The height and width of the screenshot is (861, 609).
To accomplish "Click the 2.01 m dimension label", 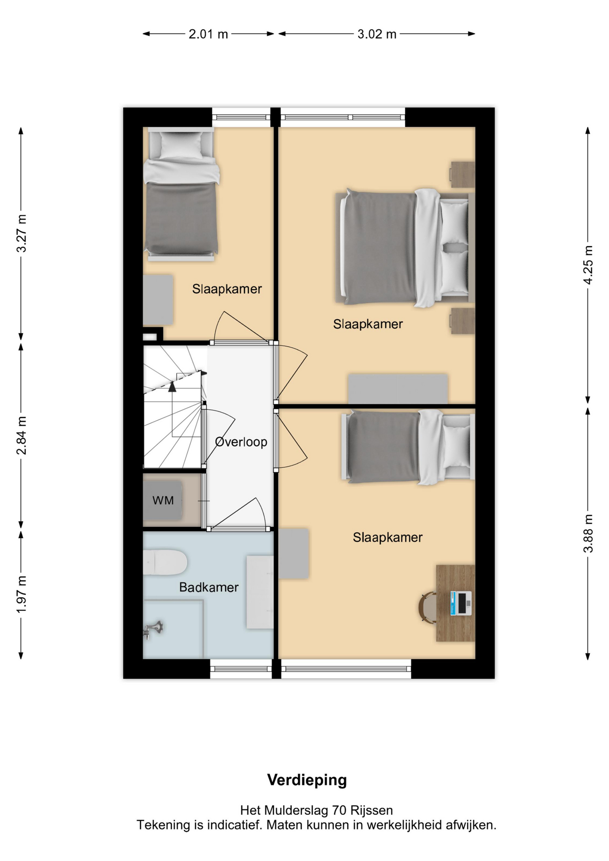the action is [208, 34].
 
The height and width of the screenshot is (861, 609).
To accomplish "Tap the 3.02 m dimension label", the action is [377, 34].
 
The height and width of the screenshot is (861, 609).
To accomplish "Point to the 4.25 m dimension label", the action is [588, 265].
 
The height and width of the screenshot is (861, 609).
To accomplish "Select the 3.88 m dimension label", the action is [588, 534].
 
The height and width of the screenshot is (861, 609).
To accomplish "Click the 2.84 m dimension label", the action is [22, 435].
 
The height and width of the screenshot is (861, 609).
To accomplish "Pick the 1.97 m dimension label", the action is [22, 595].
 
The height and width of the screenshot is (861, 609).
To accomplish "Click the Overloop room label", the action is [241, 442].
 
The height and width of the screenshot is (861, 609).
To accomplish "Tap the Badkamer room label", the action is [209, 587].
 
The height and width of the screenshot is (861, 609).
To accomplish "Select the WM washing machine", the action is [162, 500].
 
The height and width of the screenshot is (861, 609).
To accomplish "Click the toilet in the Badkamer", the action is [165, 562].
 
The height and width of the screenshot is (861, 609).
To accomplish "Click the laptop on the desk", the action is [461, 603].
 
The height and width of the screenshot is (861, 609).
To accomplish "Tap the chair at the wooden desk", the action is [427, 608].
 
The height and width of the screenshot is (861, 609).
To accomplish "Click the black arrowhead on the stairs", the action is [172, 387].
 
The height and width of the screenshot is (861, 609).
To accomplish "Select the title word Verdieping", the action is [307, 780].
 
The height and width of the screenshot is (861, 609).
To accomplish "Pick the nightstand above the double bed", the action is [462, 174].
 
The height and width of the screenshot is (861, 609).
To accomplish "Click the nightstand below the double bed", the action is [462, 321].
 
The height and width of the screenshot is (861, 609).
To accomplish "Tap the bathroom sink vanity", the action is [260, 592].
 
